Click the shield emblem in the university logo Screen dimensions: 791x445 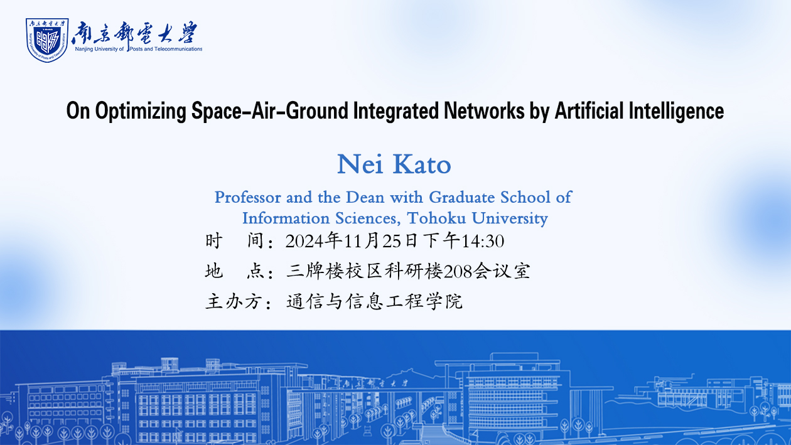[x=47, y=40]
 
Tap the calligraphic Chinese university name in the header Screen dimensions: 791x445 [x=134, y=33]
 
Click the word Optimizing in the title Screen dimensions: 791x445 [x=141, y=111]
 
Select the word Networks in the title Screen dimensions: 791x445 [x=484, y=110]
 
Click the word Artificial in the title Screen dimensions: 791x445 [x=589, y=110]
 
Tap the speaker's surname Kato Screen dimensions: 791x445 [x=422, y=164]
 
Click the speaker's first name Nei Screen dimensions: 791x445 [x=360, y=164]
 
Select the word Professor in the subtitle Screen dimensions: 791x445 [x=248, y=198]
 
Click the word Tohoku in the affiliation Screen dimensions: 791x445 [x=436, y=218]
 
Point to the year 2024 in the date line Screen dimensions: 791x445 [x=304, y=242]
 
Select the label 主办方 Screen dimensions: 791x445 [x=233, y=302]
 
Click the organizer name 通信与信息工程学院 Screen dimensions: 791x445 [x=374, y=302]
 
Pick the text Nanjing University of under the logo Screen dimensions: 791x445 [x=99, y=49]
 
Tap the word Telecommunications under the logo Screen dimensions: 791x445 [x=178, y=49]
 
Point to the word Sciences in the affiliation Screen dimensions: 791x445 [x=368, y=218]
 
